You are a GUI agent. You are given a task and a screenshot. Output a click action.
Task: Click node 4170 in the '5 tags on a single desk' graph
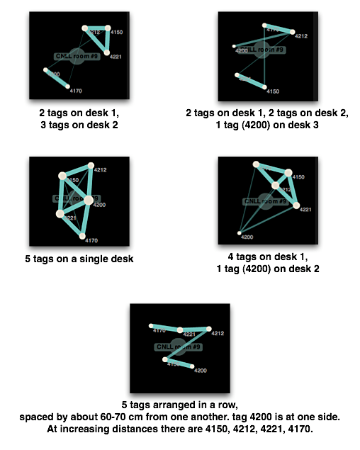click(82, 236)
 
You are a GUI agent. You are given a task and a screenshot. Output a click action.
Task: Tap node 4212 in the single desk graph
click(91, 167)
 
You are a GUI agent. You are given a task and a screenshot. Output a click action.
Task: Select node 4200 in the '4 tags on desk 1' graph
click(241, 232)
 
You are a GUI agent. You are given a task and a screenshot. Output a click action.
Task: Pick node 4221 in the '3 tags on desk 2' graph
click(106, 52)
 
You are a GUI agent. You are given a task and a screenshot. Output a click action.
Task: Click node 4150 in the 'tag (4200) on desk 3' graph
click(265, 87)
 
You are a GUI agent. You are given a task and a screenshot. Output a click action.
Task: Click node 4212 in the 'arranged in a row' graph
click(208, 329)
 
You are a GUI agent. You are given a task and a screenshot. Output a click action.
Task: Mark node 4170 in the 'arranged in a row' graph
click(152, 326)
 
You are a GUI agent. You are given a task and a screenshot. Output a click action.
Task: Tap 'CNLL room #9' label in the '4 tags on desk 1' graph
click(264, 201)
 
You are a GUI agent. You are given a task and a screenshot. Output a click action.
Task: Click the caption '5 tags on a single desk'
click(79, 259)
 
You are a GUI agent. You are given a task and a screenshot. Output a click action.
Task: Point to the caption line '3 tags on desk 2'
click(79, 125)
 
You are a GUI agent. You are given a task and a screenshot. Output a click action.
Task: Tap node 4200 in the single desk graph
click(89, 201)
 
